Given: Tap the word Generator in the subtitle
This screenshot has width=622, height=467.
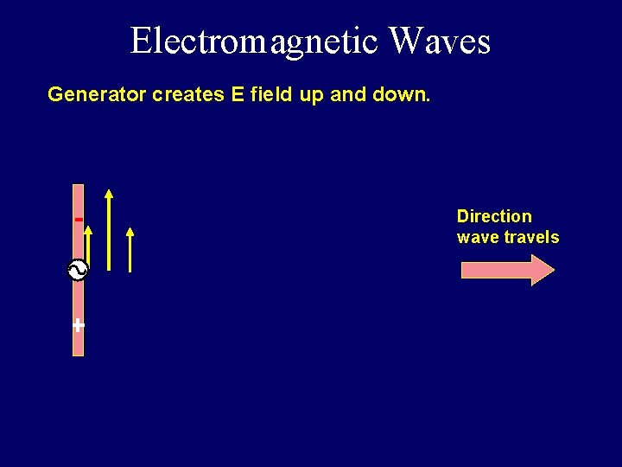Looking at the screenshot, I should [x=97, y=94].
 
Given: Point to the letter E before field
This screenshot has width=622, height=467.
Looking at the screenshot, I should [x=238, y=94].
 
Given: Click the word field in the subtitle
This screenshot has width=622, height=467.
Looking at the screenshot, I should [x=271, y=94].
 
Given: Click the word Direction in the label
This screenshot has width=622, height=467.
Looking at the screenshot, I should [x=494, y=216].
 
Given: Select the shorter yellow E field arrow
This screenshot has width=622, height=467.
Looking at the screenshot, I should [x=130, y=251].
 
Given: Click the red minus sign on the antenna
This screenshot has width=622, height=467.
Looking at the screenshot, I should [x=79, y=220].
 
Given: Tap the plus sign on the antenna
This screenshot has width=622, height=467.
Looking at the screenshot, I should [x=79, y=325].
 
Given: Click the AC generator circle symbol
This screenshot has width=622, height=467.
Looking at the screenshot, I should [x=78, y=271].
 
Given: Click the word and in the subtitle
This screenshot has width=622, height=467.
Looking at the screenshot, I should [x=348, y=94].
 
